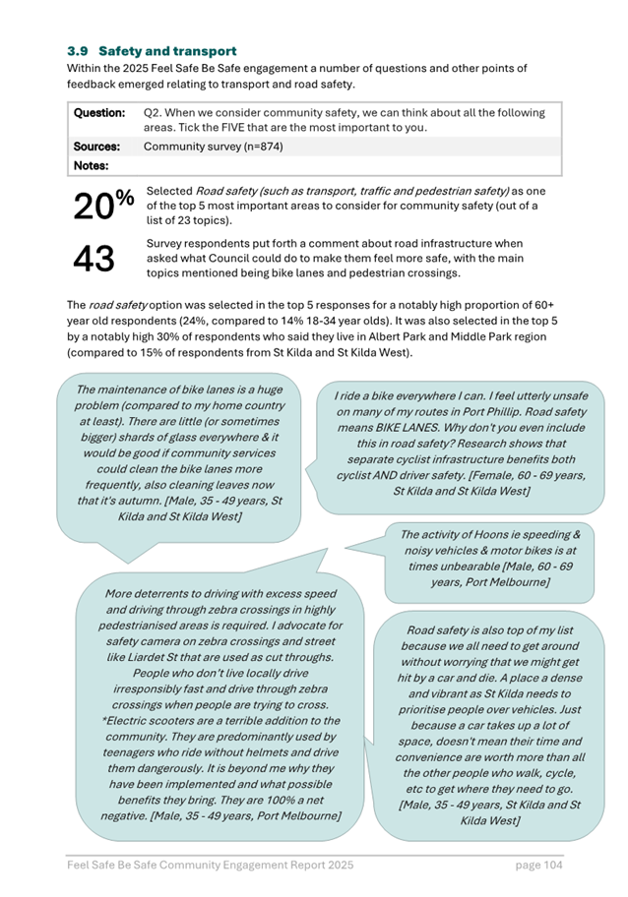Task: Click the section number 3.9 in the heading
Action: coord(78,50)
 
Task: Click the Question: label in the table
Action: coord(99,113)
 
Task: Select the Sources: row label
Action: coord(96,147)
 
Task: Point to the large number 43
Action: coord(94,259)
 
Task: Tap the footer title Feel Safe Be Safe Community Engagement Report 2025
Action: coord(209,865)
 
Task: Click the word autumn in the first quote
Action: coord(264,485)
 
